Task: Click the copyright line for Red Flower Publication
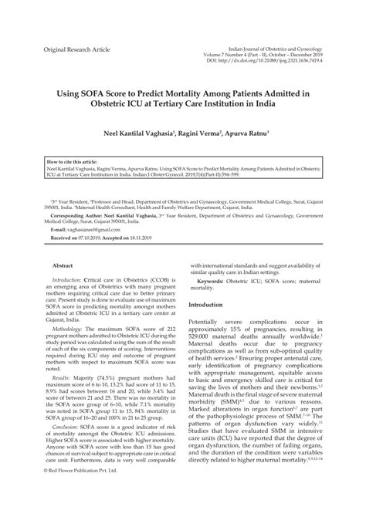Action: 81,491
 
